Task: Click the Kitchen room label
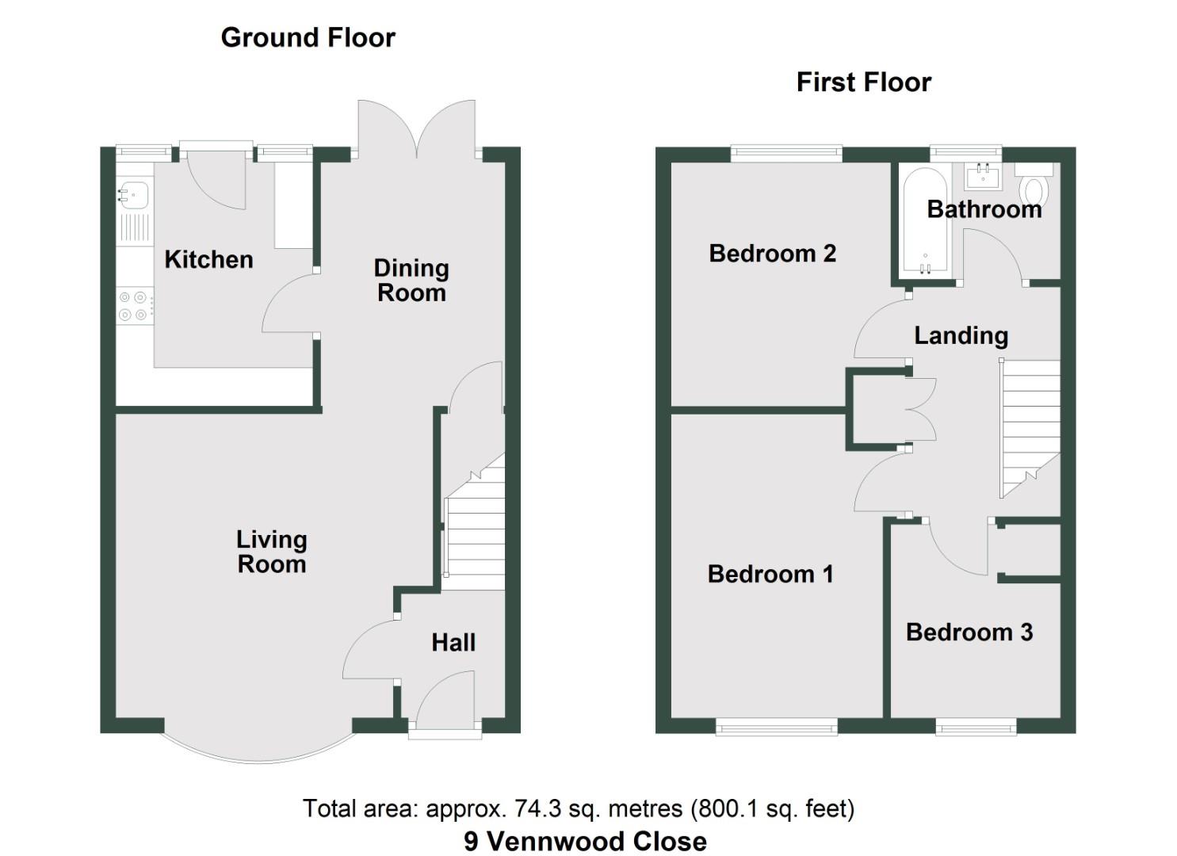[208, 259]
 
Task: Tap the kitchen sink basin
[135, 193]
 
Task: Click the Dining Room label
[411, 281]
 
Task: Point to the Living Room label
[271, 552]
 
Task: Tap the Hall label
[453, 642]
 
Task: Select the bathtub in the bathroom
[924, 222]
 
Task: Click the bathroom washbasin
[984, 175]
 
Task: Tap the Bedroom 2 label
[772, 254]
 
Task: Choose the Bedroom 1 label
[770, 574]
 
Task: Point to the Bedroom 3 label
[969, 632]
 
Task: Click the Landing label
[961, 335]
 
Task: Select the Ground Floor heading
[308, 37]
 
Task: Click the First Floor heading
[863, 82]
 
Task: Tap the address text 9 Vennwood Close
[585, 841]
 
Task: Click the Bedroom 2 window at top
[785, 152]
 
